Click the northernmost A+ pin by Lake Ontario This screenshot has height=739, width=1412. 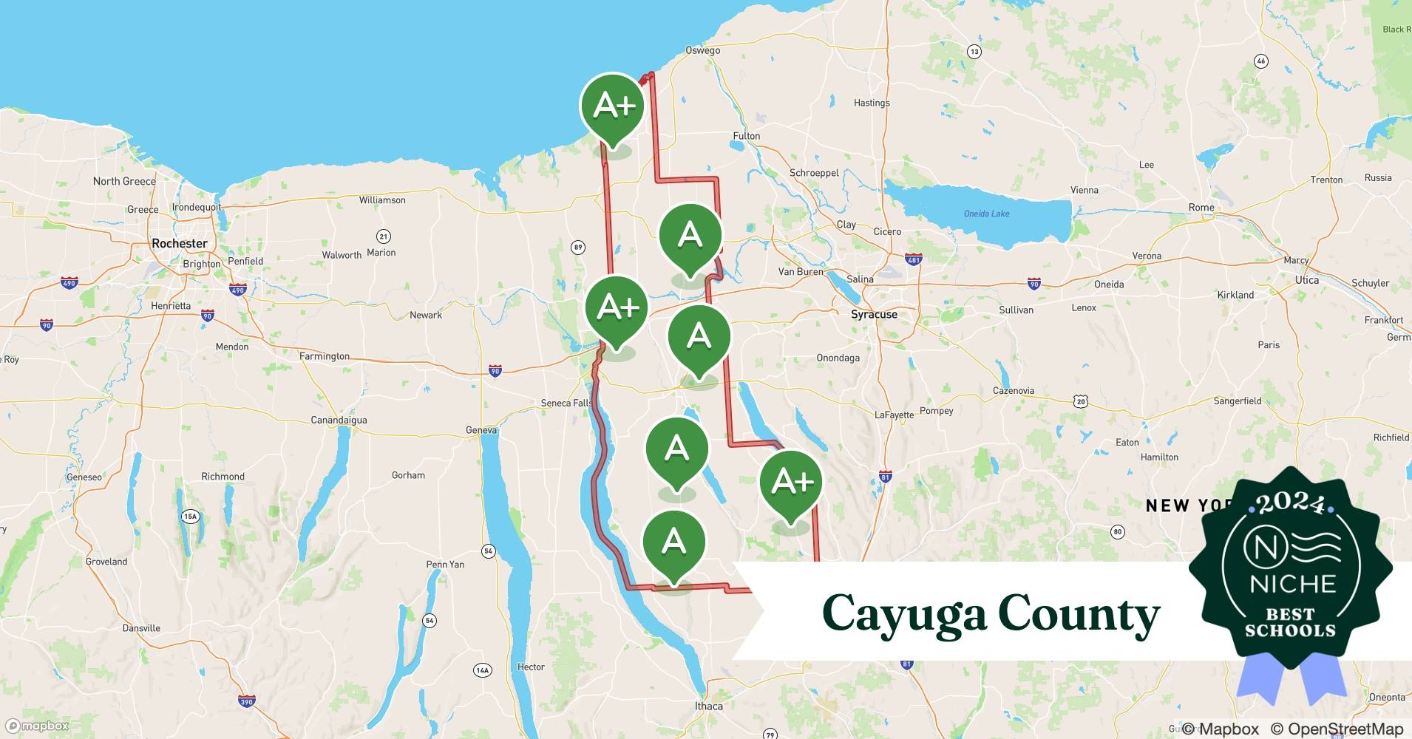tap(612, 106)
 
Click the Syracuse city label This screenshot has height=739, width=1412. tap(874, 314)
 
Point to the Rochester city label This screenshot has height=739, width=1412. tap(180, 243)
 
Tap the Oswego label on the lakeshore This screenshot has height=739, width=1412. tap(702, 50)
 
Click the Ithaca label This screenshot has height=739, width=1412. tap(708, 706)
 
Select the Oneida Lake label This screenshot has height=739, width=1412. tap(986, 214)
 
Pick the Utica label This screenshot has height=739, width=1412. tap(1306, 280)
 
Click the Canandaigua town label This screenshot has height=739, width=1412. tap(339, 420)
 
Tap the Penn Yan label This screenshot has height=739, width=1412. tap(445, 564)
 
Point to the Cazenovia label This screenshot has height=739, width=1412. tap(1013, 390)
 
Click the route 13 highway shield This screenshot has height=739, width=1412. tap(974, 51)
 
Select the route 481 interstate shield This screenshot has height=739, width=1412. tap(914, 259)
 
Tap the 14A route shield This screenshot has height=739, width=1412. tap(482, 670)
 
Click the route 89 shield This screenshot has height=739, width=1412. tap(578, 248)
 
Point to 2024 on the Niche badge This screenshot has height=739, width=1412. tap(1290, 504)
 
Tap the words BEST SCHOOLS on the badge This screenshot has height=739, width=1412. tap(1290, 622)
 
